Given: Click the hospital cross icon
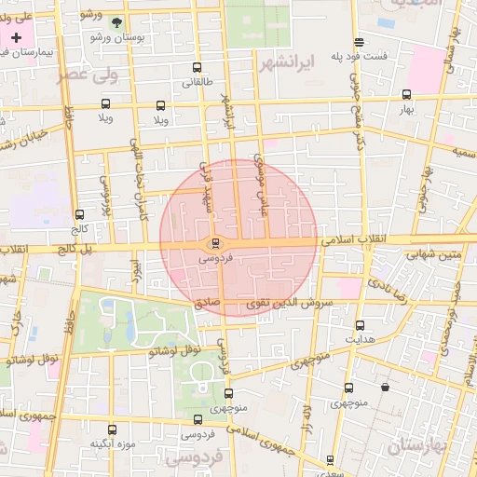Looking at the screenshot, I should [x=16, y=36].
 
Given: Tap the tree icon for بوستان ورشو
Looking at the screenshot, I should [x=116, y=22].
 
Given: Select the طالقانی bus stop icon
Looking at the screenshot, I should [x=196, y=67].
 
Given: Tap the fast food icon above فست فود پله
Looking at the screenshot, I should [x=360, y=41].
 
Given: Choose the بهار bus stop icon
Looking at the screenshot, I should [x=406, y=94].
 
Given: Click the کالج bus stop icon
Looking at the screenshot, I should [x=79, y=214].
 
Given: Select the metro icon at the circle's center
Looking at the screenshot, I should [x=217, y=242].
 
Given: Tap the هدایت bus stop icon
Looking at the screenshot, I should [x=361, y=325].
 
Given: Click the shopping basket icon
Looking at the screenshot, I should [x=385, y=388].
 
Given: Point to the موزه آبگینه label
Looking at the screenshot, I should [x=113, y=443].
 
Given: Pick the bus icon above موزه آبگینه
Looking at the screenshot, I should [x=113, y=430].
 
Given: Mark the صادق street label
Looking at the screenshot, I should [x=206, y=302].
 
